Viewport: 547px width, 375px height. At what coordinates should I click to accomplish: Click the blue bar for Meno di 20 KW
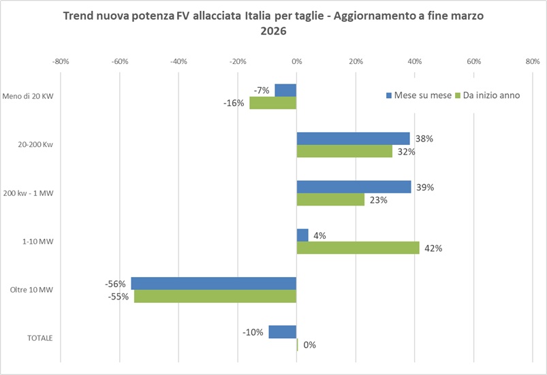285,91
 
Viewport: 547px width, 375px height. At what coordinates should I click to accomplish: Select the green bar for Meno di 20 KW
272,103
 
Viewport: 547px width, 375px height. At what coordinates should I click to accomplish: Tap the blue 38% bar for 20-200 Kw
353,139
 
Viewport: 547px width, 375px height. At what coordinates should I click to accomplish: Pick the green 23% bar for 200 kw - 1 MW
330,200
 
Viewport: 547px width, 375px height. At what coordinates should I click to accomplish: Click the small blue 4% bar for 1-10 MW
302,235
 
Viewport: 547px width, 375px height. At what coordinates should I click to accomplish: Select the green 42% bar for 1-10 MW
358,248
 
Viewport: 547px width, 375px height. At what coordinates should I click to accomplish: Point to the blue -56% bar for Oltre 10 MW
214,284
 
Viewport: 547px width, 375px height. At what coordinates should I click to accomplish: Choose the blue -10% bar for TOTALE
283,332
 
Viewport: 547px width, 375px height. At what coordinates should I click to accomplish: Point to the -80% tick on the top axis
61,62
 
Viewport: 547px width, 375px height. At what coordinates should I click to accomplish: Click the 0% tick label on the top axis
296,62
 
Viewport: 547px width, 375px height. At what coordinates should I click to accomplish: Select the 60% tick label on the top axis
473,62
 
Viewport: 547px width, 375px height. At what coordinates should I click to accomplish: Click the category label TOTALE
40,338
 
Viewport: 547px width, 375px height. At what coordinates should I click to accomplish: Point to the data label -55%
120,297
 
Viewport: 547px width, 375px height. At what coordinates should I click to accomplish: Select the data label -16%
235,103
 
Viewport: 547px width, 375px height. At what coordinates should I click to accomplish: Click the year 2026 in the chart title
274,31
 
